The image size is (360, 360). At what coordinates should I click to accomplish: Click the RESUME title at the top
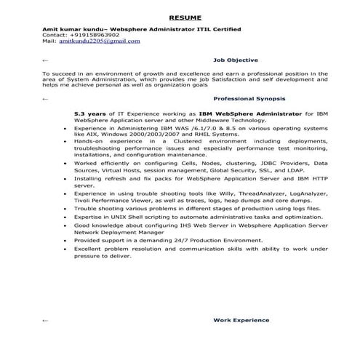[x=180, y=16]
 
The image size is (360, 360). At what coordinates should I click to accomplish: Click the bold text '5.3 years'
[x=89, y=115]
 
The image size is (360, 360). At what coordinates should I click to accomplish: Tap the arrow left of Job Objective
[x=47, y=62]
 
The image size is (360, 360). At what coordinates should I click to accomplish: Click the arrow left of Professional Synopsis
[x=47, y=97]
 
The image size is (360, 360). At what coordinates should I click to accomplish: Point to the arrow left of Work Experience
[x=47, y=320]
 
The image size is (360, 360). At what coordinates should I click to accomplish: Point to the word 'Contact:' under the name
[x=55, y=35]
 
